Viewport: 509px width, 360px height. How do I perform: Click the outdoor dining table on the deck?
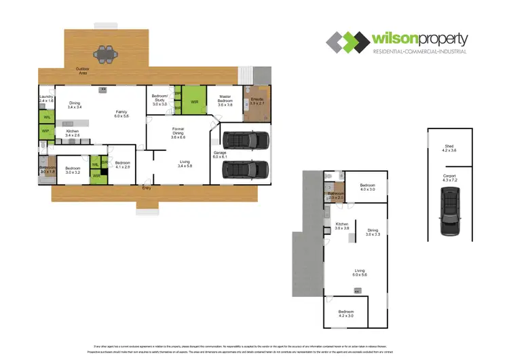click(104, 53)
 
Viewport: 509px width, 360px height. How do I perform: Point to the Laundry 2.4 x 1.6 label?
click(46, 99)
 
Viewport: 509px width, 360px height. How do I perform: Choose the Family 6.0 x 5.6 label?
click(121, 113)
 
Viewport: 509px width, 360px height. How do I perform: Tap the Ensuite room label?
click(257, 102)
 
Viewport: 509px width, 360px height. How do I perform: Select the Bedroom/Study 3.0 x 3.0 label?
click(160, 101)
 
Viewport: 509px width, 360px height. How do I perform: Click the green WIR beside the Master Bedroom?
click(195, 102)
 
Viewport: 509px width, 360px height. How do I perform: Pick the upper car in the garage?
click(242, 140)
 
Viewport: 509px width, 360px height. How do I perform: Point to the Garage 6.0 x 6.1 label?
click(220, 155)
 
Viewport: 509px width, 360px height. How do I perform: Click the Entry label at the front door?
click(147, 188)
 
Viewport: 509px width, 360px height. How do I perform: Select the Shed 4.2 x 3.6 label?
click(449, 148)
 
